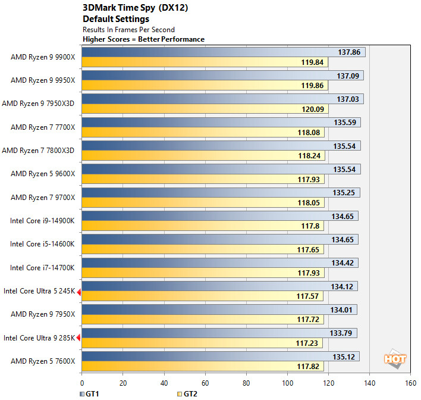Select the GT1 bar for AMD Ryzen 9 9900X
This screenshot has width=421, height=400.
tap(202, 52)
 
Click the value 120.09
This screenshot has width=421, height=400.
tap(310, 109)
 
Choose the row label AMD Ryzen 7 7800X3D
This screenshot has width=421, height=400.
tap(39, 151)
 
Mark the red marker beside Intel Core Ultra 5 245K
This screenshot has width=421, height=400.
tap(78, 290)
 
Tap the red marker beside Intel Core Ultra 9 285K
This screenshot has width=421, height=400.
tap(78, 337)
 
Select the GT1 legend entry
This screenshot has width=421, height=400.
tap(90, 393)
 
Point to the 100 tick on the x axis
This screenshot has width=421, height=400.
tap(287, 383)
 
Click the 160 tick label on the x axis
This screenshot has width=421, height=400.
tap(410, 383)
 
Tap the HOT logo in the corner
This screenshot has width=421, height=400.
tap(394, 360)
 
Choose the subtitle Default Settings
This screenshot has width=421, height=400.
tap(108, 19)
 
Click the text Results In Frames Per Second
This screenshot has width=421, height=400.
tap(128, 29)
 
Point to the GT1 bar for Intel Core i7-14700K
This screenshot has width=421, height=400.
tap(202, 262)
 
